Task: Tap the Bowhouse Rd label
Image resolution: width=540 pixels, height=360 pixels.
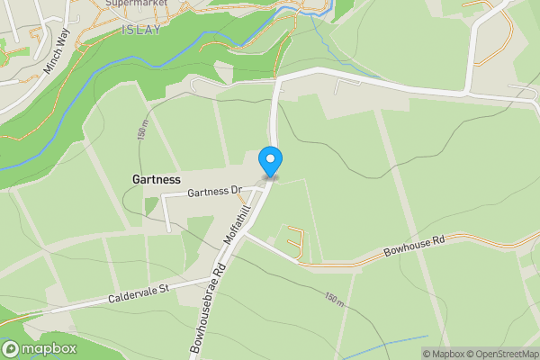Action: coord(414,243)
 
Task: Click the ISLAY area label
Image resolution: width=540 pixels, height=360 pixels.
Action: coord(139,30)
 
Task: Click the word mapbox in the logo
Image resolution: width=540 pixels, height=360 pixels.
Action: coord(49,348)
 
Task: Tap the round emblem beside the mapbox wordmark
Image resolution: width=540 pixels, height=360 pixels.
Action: coord(11,348)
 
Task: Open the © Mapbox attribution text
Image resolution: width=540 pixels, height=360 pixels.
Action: coord(448,354)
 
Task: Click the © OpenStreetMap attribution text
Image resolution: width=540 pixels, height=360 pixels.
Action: coord(508,354)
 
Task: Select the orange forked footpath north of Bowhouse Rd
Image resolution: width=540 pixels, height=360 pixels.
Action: coord(295,242)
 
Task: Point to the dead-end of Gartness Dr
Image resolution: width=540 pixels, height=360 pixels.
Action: coord(168,227)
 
